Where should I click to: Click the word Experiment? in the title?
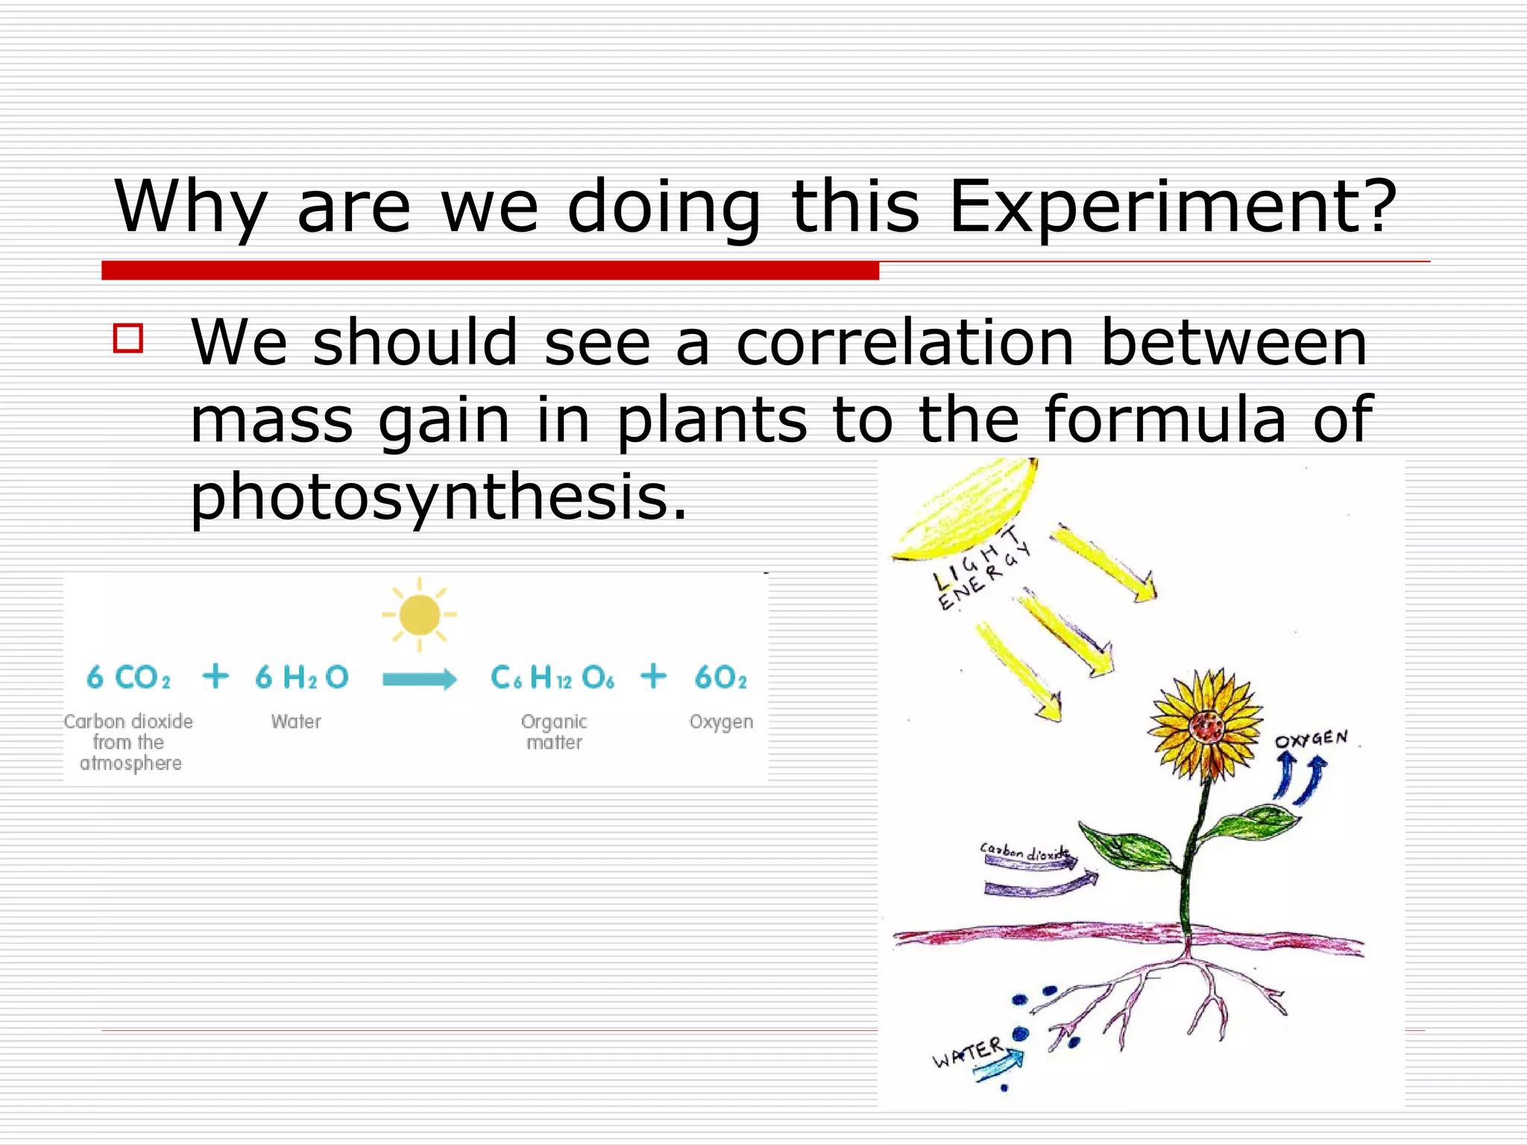click(x=1172, y=207)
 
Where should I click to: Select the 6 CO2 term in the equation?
click(x=128, y=677)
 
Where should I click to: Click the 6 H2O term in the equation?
click(x=301, y=677)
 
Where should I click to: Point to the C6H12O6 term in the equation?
click(x=552, y=677)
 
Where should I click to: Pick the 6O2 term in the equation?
click(x=720, y=677)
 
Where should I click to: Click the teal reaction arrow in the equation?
click(x=419, y=679)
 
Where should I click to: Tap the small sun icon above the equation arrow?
click(x=419, y=614)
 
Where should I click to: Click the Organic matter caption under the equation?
click(x=554, y=732)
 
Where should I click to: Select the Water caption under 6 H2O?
click(x=296, y=722)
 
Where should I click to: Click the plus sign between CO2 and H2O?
click(x=215, y=676)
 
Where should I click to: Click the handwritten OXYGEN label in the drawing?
click(x=1311, y=739)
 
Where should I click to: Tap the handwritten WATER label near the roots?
click(x=968, y=1052)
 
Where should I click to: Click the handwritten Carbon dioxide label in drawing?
click(x=1025, y=851)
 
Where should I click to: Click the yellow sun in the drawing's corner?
click(x=966, y=511)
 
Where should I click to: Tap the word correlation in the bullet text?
click(x=904, y=344)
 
